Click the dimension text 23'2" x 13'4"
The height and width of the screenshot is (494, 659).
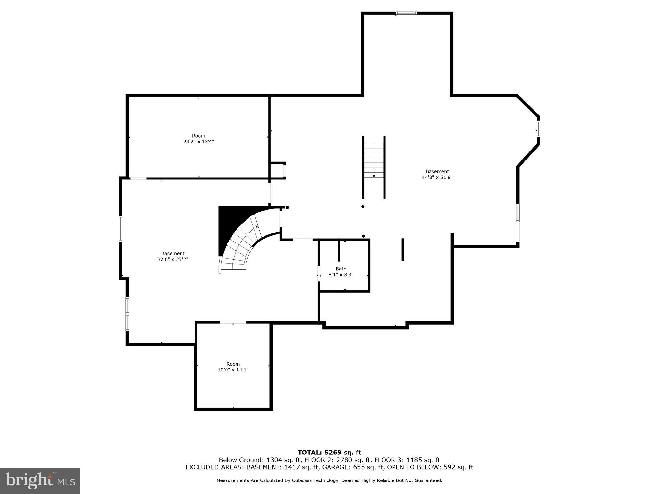pyautogui.click(x=199, y=142)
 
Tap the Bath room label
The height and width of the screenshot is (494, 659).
pyautogui.click(x=341, y=269)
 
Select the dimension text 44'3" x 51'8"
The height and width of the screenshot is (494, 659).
pyautogui.click(x=437, y=177)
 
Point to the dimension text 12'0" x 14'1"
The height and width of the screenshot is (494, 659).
pyautogui.click(x=233, y=370)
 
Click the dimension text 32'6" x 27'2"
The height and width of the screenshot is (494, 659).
pyautogui.click(x=173, y=259)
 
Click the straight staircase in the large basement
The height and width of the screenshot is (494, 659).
pyautogui.click(x=374, y=160)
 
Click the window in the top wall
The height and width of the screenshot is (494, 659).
pyautogui.click(x=406, y=13)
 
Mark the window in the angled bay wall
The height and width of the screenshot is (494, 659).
pyautogui.click(x=538, y=129)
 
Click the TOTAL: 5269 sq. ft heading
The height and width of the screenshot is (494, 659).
pyautogui.click(x=329, y=453)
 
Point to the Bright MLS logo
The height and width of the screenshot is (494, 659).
pyautogui.click(x=40, y=480)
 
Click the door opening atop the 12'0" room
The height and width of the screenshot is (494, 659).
pyautogui.click(x=233, y=322)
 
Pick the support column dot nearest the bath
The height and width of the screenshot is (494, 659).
pyautogui.click(x=363, y=236)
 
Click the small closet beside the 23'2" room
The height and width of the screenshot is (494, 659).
pyautogui.click(x=277, y=170)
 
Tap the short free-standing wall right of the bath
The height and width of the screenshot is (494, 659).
pyautogui.click(x=403, y=249)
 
